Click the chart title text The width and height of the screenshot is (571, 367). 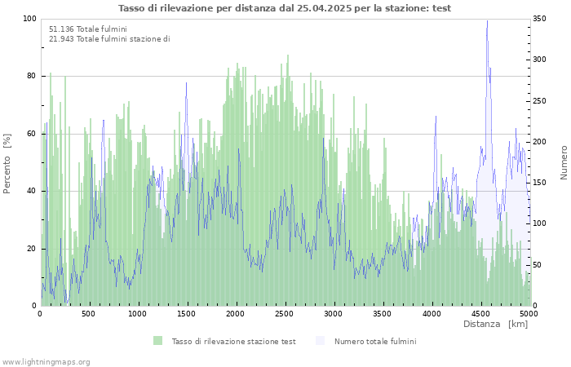point(285,8)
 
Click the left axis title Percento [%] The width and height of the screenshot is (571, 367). point(7,163)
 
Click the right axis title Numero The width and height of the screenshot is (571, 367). point(564,162)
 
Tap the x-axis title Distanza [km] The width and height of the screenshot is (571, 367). point(495,324)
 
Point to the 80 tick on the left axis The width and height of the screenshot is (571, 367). point(32,76)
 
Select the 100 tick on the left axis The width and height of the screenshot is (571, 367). point(29,19)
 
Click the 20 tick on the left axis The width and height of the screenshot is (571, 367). point(32,249)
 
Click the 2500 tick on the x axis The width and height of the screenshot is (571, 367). point(284,313)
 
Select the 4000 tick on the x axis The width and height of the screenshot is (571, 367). point(431,313)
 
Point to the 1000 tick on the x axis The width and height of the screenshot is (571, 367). point(138,313)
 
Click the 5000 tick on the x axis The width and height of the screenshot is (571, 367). point(528,313)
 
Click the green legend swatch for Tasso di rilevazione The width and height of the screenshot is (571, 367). point(157,341)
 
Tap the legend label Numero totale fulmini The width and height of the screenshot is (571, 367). point(374,341)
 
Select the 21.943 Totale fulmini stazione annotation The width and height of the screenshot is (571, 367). point(109,38)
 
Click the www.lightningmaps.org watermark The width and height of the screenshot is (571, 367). point(46,361)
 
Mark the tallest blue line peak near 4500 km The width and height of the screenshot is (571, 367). point(487,22)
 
